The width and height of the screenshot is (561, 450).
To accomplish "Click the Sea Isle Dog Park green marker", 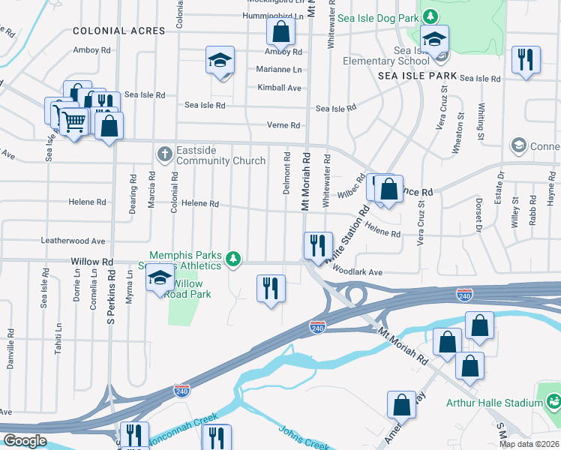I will pos(430,16).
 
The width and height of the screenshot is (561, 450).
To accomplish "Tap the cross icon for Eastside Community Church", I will pos(165,153).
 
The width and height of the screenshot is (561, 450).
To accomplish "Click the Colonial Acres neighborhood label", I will pos(119,31).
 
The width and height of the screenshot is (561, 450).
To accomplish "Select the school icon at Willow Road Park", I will pos(159,277).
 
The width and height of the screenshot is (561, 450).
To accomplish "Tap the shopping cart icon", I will pos(73,121).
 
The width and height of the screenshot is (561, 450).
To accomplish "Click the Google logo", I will pos(25,441).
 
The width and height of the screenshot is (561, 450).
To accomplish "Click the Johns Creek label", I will pos(304,439).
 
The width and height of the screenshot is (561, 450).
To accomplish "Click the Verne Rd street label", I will pos(283,125).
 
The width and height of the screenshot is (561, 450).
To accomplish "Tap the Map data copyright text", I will pos(529,444).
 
